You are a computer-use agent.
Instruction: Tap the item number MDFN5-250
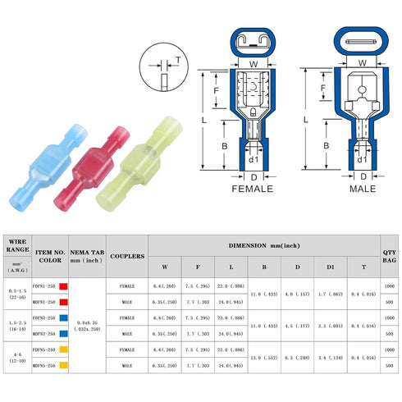click(43, 366)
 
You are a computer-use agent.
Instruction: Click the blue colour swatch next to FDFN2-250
click(62, 317)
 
